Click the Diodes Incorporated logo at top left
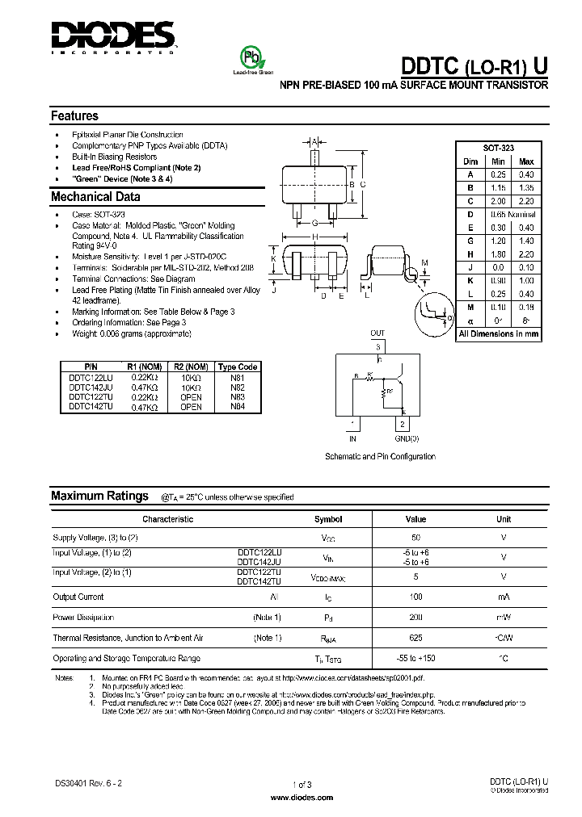click(x=113, y=36)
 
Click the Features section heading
click(x=74, y=116)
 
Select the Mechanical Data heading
click(x=95, y=197)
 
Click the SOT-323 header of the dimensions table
click(x=498, y=149)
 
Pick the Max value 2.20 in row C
click(x=526, y=201)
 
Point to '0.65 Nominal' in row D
click(x=512, y=214)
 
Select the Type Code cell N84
click(x=237, y=407)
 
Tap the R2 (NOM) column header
click(x=191, y=367)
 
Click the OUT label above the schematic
click(x=377, y=333)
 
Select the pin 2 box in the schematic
click(x=401, y=424)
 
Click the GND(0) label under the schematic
click(x=407, y=439)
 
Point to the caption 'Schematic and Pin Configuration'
click(x=380, y=457)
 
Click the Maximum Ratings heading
click(x=99, y=496)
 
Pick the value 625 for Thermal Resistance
click(x=415, y=638)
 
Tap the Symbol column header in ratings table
click(x=328, y=519)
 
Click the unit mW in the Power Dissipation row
click(x=503, y=618)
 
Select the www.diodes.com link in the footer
click(x=301, y=796)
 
